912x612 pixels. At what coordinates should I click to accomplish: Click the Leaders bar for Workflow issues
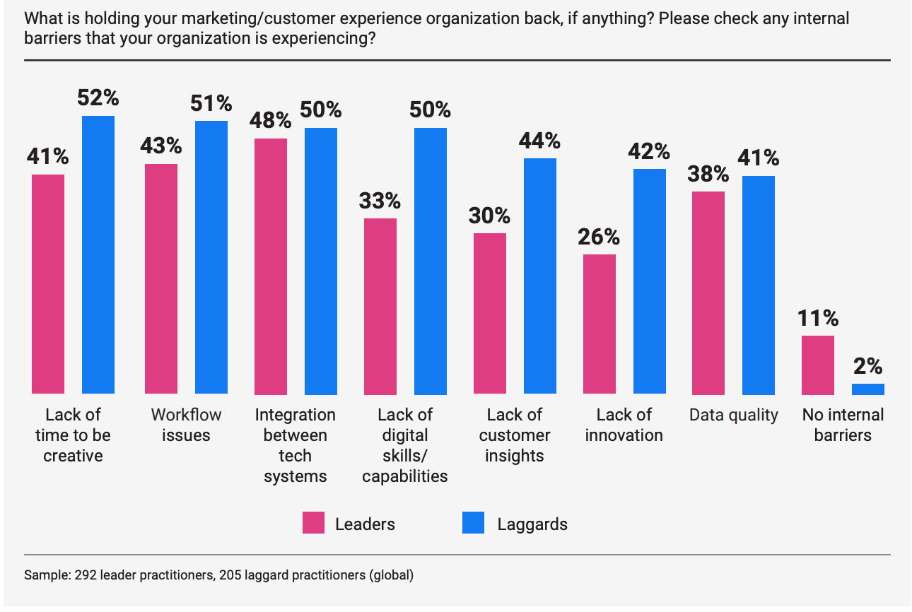point(161,278)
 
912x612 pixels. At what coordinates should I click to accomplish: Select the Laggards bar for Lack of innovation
point(650,281)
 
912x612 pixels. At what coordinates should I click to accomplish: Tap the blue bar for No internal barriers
point(868,389)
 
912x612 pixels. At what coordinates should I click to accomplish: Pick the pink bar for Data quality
point(708,293)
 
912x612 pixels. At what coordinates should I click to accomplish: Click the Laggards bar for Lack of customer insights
point(540,276)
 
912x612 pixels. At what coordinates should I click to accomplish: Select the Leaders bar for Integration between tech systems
point(271,266)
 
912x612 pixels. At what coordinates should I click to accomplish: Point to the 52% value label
point(98,98)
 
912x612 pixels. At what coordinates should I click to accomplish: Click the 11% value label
point(818,317)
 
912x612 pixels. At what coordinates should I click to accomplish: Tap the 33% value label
point(380,201)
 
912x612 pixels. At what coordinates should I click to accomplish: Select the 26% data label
point(599,237)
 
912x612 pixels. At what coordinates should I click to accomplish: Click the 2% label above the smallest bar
point(868,366)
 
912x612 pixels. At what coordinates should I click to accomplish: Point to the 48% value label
point(271,120)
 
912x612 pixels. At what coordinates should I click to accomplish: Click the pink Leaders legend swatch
point(314,524)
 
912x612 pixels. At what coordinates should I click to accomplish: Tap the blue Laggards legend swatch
point(473,524)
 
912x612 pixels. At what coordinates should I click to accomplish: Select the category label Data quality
point(734,415)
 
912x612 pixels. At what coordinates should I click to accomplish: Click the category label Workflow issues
point(186,424)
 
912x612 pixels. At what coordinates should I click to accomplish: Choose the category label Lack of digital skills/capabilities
point(405,445)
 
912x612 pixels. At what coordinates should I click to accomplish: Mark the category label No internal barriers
point(843,424)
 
